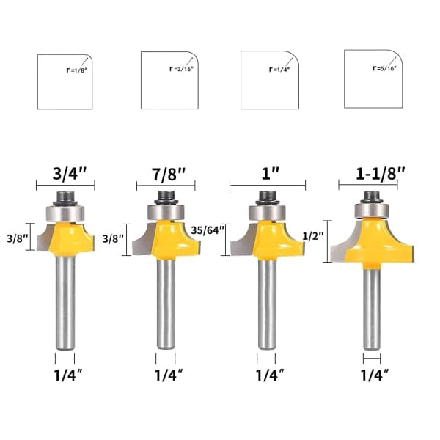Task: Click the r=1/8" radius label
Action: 77,70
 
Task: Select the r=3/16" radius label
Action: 182,69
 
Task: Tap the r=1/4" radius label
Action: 279,70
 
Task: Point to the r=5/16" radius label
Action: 384,68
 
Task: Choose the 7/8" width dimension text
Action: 169,175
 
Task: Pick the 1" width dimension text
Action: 270,174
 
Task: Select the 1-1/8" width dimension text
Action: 381,173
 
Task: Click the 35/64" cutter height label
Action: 208,230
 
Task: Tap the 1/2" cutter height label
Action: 313,235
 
